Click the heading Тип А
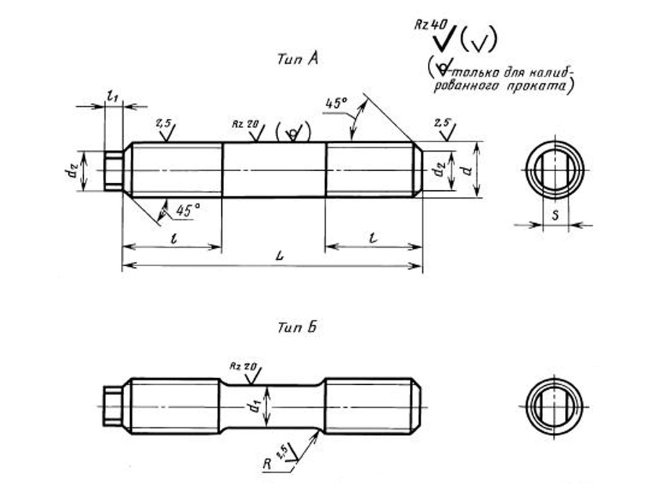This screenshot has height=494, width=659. tap(297, 59)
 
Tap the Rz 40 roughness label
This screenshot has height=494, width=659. tap(431, 24)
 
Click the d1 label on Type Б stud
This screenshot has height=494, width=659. tap(254, 407)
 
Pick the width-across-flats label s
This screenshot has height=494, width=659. tap(555, 215)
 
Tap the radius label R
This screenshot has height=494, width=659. tap(267, 464)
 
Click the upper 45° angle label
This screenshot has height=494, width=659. tap(336, 104)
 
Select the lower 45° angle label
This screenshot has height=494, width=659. tap(187, 210)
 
